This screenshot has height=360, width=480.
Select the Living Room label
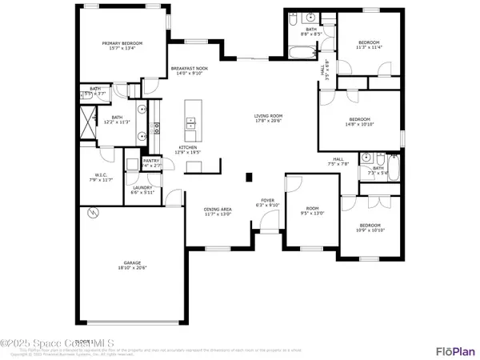click(x=269, y=118)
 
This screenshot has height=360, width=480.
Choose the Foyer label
click(x=268, y=202)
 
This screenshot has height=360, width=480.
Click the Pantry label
click(x=152, y=162)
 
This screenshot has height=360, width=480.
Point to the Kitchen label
click(x=187, y=149)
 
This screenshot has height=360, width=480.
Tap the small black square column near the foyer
click(x=248, y=178)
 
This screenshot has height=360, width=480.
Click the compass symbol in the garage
click(x=94, y=214)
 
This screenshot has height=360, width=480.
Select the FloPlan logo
click(x=456, y=351)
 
